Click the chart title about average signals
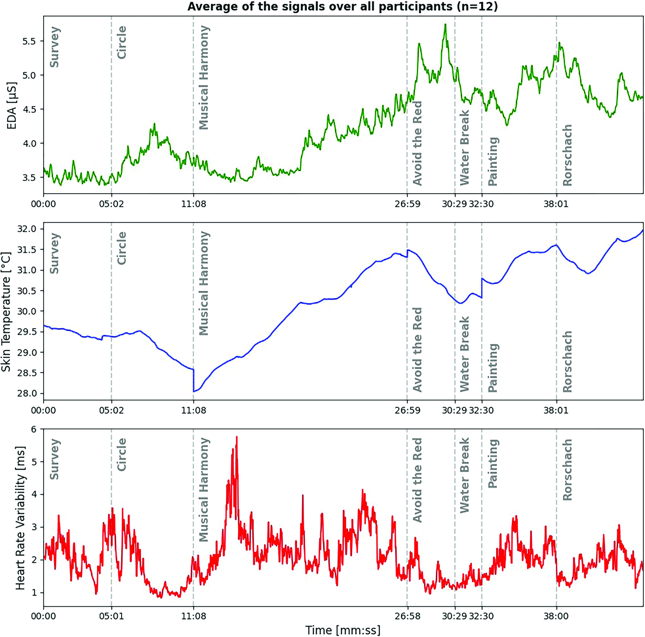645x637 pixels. [x=342, y=7]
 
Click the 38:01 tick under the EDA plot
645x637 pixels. [x=556, y=204]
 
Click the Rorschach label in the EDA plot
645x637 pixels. [x=567, y=155]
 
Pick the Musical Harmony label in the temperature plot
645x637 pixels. [x=204, y=283]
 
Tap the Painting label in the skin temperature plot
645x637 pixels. [x=493, y=367]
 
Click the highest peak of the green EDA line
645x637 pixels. [x=445, y=24]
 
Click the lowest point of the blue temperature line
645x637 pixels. [x=194, y=391]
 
